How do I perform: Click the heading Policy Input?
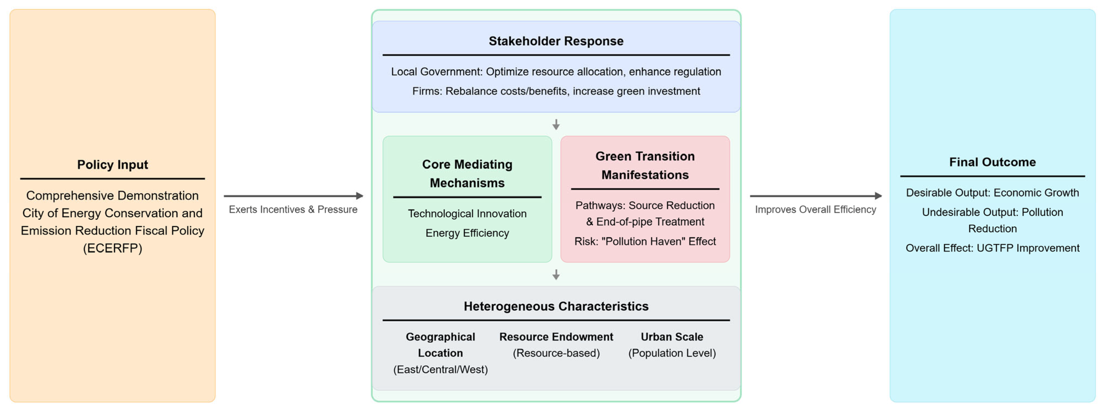pos(113,165)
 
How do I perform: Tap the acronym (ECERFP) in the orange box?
pos(113,248)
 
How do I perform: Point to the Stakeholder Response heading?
pos(556,41)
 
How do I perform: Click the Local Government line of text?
pos(556,72)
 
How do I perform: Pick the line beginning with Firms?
pos(556,91)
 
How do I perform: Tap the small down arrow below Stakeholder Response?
pos(556,125)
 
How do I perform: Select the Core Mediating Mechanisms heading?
pos(467,174)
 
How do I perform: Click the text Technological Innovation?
pos(467,214)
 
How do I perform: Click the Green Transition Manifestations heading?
pos(645,165)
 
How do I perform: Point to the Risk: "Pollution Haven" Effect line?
pos(645,241)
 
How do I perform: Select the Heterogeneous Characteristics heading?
pos(556,306)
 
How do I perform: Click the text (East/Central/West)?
pos(441,369)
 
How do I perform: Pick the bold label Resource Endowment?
pos(556,337)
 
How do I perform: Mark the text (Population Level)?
pos(672,353)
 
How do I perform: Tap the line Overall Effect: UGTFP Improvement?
pos(992,248)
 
